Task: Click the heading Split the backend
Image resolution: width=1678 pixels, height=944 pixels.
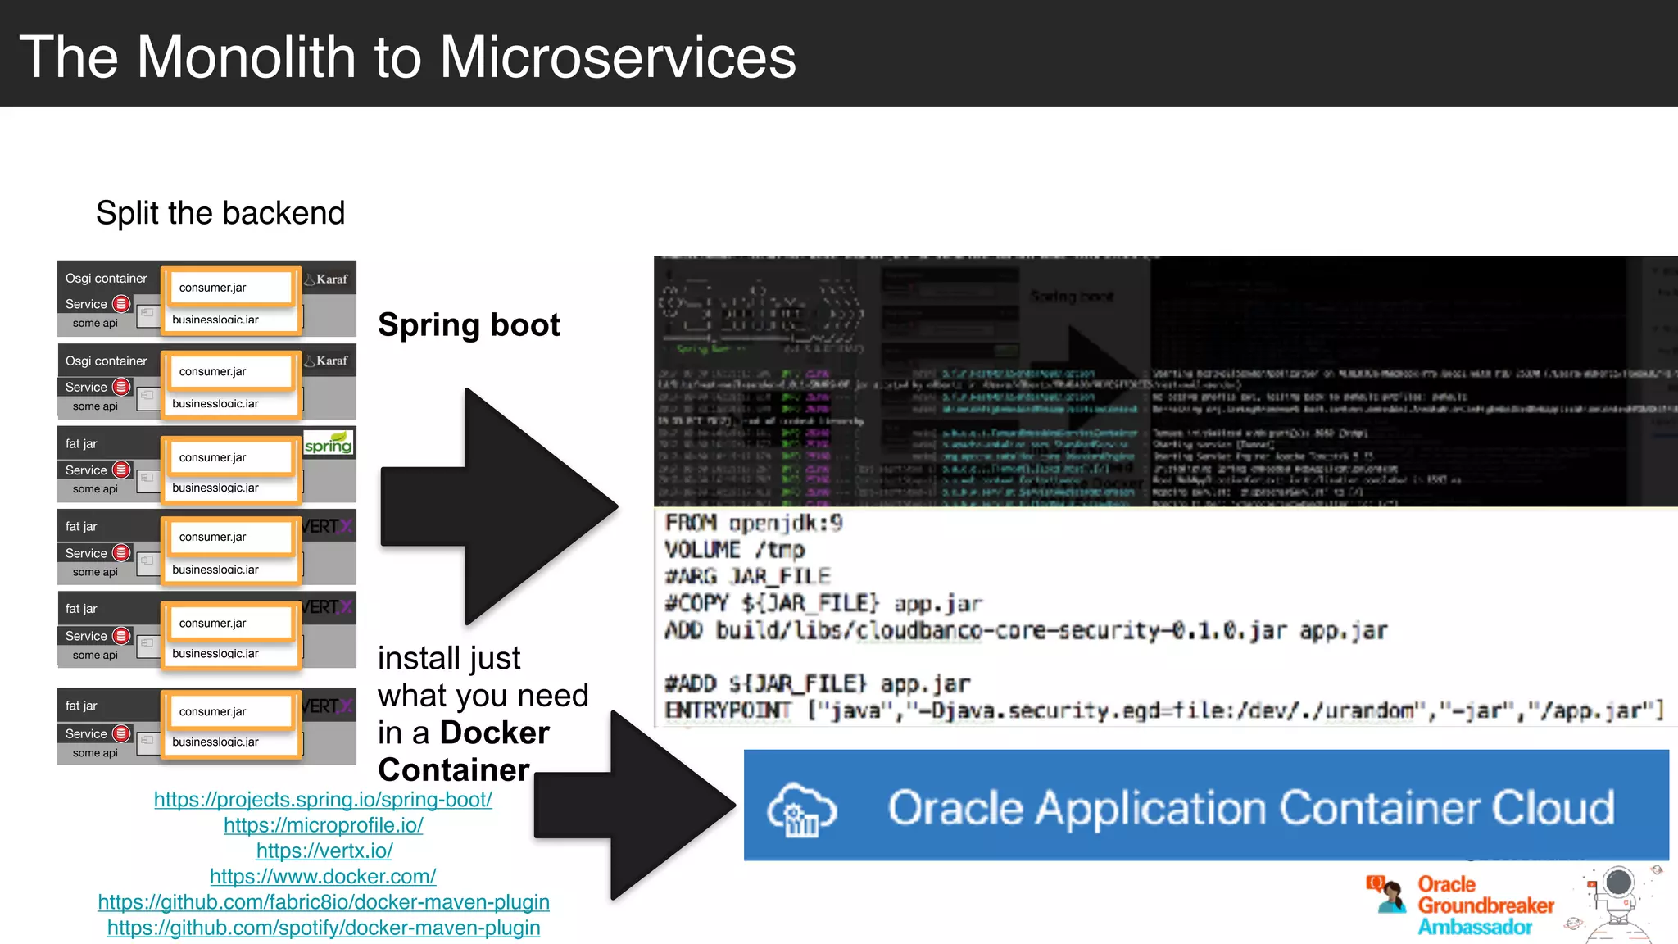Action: (220, 213)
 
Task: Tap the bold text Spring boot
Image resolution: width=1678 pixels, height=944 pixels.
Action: (469, 325)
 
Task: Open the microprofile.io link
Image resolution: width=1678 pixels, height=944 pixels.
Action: (324, 825)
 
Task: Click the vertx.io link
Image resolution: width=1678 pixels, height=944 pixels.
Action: (324, 851)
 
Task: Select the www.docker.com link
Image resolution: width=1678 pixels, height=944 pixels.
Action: (323, 876)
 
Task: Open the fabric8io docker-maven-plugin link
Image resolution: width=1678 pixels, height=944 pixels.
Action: (324, 902)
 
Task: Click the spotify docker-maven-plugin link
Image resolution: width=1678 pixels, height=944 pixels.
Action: (324, 928)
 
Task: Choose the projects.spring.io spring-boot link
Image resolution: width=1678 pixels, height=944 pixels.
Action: (323, 799)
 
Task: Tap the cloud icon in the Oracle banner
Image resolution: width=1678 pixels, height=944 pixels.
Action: (800, 810)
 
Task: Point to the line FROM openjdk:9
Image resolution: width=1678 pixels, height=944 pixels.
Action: (753, 523)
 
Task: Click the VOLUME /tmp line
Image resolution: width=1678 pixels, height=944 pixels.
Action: (734, 550)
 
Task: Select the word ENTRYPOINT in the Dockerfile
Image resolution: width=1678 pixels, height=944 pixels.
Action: (728, 710)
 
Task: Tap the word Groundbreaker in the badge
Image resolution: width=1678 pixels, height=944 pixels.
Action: (1485, 905)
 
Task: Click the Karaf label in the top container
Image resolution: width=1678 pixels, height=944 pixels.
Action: (331, 279)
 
